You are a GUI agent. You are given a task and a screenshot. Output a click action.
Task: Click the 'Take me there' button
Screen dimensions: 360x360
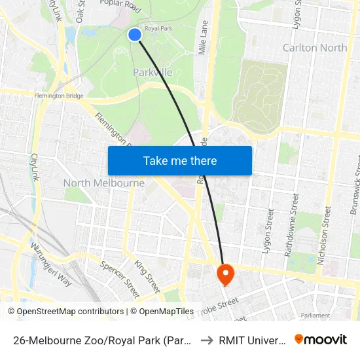pyautogui.click(x=180, y=160)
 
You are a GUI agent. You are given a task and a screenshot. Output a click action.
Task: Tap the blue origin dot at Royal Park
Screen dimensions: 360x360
pyautogui.click(x=135, y=35)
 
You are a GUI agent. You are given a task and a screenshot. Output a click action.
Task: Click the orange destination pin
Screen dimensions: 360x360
pyautogui.click(x=225, y=274)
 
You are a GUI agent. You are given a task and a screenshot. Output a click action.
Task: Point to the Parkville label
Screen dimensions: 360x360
pyautogui.click(x=153, y=72)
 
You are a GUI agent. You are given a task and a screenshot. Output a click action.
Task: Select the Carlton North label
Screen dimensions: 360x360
pyautogui.click(x=315, y=48)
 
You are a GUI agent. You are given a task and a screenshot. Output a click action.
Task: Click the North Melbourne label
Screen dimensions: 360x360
pyautogui.click(x=104, y=183)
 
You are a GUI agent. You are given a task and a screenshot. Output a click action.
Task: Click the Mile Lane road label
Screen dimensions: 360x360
pyautogui.click(x=204, y=37)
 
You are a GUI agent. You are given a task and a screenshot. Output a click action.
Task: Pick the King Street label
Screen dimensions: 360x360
pyautogui.click(x=147, y=276)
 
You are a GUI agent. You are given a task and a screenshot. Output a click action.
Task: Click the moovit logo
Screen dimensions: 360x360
pyautogui.click(x=321, y=340)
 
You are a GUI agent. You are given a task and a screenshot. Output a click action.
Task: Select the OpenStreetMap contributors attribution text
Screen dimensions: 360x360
pyautogui.click(x=70, y=312)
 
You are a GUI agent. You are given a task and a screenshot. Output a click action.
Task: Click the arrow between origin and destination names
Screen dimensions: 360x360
pyautogui.click(x=206, y=340)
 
